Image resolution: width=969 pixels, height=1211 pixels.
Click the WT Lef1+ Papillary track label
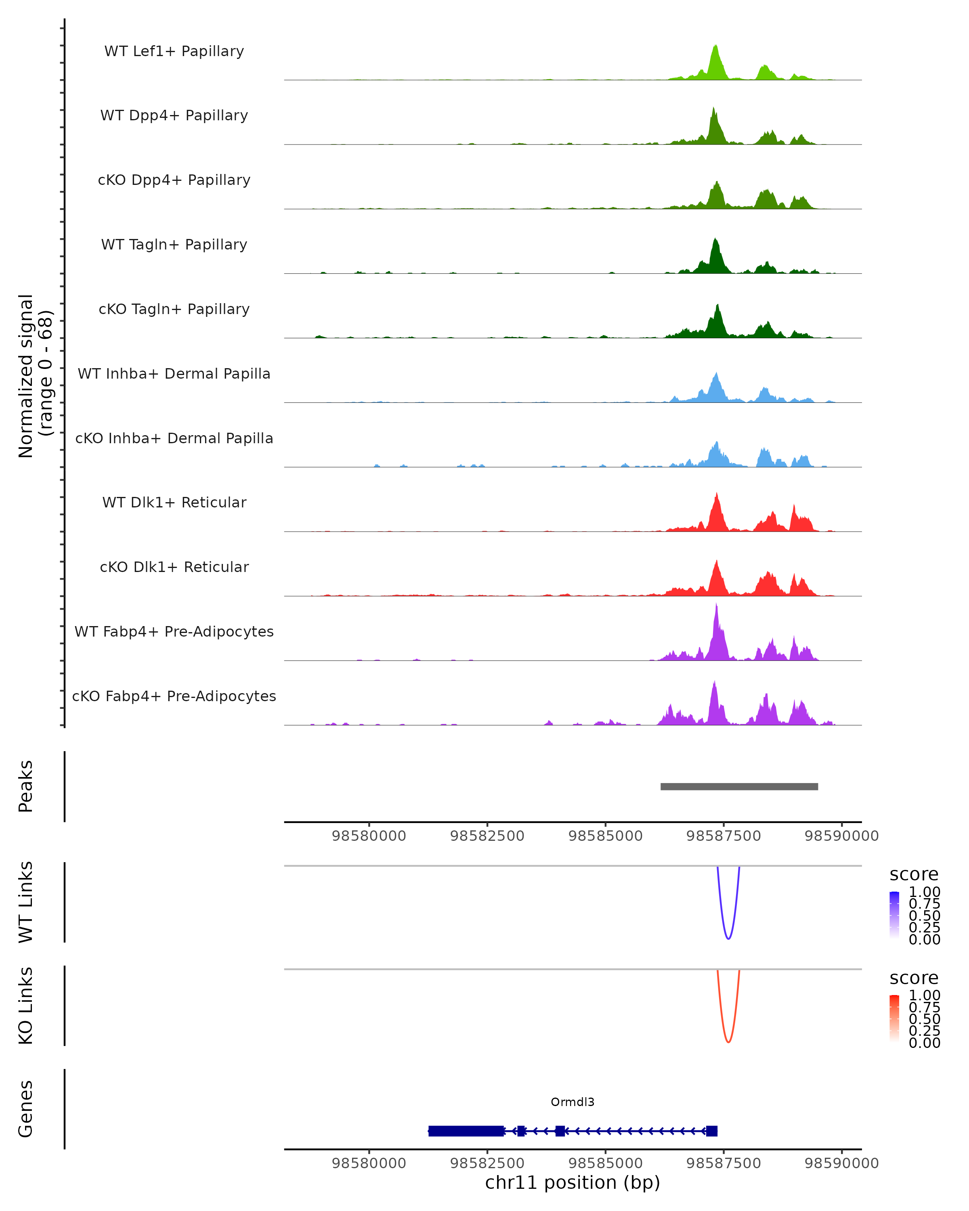174,51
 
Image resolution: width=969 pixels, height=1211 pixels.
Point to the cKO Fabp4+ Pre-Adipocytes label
174,696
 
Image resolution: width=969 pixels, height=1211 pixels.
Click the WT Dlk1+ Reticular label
174,502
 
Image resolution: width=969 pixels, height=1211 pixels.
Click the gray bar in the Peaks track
739,786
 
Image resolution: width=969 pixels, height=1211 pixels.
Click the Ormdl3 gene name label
573,1102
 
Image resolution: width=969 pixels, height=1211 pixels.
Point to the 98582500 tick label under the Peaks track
487,836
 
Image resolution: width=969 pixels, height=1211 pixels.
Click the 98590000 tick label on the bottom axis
841,1163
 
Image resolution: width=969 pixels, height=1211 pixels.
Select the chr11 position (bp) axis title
573,1183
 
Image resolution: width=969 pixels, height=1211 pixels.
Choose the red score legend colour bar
894,1018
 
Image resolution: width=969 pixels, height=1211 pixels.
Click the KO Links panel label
26,1006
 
